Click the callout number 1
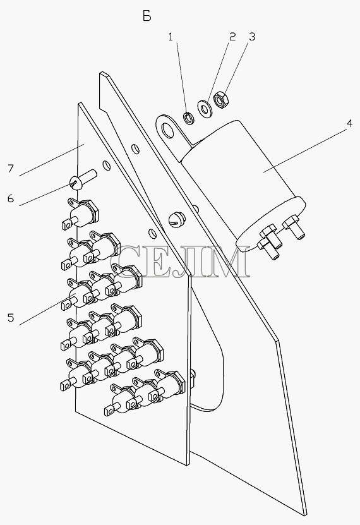tap(171, 37)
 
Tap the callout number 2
tap(232, 37)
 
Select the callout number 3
tap(252, 37)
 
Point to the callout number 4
tap(349, 124)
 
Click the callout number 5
tap(11, 317)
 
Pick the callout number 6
tap(11, 199)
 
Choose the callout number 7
tap(11, 169)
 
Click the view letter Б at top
tap(147, 16)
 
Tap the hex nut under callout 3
tap(221, 99)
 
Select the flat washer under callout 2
tap(205, 109)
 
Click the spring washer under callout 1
tap(189, 118)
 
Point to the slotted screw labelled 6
tap(83, 179)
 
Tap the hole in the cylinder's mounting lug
tap(167, 131)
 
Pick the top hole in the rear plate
tap(135, 148)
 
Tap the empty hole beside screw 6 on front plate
tap(106, 166)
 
